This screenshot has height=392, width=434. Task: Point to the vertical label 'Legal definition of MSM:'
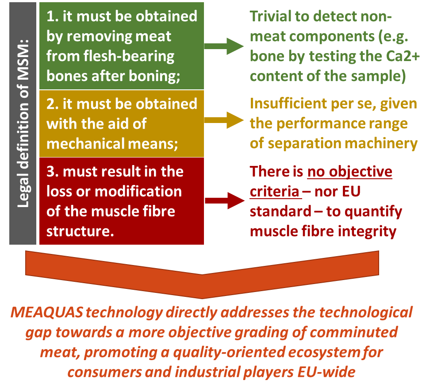pos(23,124)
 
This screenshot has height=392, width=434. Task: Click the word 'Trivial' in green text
pos(272,17)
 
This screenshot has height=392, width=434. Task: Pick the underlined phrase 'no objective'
pos(350,172)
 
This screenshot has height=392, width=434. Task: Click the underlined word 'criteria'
pos(275,191)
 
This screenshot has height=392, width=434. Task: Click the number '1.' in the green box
pos(53,17)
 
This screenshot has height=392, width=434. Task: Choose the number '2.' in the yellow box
pos(53,104)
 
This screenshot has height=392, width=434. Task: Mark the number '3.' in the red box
pos(53,172)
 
